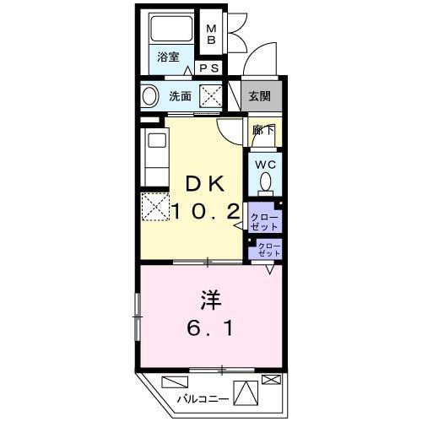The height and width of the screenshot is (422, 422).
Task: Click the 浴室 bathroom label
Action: tap(168, 57)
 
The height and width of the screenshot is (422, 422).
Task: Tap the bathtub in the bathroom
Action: tap(171, 30)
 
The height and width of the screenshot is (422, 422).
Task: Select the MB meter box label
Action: tap(211, 35)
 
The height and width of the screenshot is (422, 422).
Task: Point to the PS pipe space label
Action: tap(209, 68)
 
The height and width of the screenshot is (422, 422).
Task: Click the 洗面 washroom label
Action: tap(180, 96)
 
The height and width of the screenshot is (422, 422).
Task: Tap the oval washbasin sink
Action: tap(149, 96)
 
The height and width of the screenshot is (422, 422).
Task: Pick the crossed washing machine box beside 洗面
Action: tap(211, 96)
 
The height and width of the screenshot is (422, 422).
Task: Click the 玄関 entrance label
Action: tap(259, 96)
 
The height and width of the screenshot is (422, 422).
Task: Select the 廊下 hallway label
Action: tap(263, 130)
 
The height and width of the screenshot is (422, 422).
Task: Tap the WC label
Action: tap(265, 165)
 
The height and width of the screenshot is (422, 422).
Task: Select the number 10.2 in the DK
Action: tap(205, 212)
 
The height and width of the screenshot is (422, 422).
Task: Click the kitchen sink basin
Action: tap(157, 140)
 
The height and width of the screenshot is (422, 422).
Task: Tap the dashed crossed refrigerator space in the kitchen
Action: tap(155, 207)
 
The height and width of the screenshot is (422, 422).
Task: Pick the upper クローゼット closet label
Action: tap(264, 222)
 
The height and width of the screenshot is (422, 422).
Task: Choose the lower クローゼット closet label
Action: tap(269, 250)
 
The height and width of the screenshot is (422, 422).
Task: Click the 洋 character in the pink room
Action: tap(211, 300)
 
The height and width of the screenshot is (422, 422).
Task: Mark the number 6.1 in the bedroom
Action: tap(210, 328)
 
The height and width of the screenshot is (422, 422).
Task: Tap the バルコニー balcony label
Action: tap(203, 399)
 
